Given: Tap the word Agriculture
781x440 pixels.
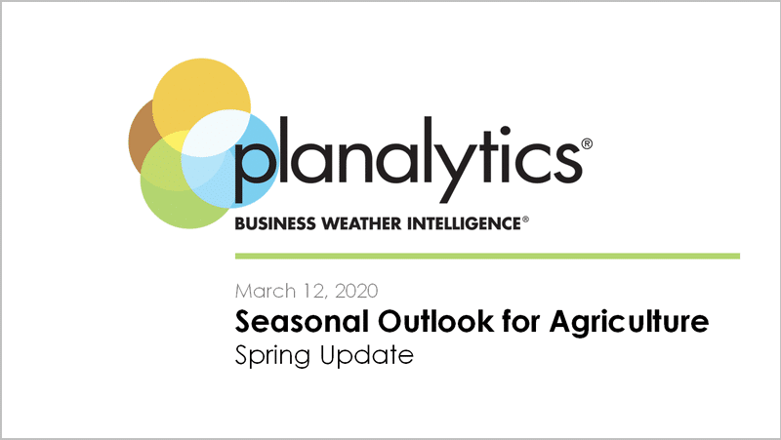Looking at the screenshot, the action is tap(629, 323).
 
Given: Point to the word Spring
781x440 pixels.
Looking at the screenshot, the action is tap(273, 356).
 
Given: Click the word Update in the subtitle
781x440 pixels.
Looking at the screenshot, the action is tap(367, 355).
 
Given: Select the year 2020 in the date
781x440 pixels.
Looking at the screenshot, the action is tap(356, 291).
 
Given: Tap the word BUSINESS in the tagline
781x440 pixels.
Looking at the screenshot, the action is tap(275, 223).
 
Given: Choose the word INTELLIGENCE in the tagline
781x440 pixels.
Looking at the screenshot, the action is tap(465, 223).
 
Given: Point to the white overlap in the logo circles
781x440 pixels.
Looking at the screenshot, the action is tap(215, 134).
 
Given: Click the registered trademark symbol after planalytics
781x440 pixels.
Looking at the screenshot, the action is tap(587, 143).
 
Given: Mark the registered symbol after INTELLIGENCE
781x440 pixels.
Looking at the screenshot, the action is tap(525, 219).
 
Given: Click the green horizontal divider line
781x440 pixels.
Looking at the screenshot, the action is tap(487, 256).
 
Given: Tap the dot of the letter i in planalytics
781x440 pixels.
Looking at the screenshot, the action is tap(505, 132).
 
